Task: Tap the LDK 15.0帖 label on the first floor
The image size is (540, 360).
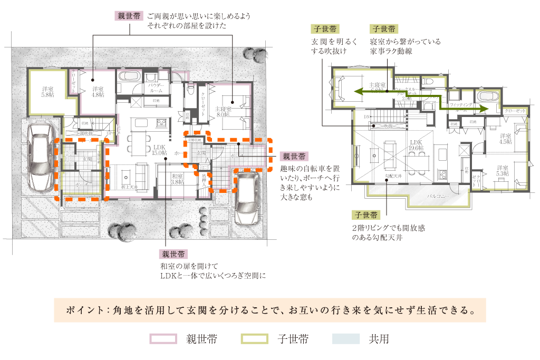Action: pyautogui.click(x=159, y=150)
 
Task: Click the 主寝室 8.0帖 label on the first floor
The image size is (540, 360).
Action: pyautogui.click(x=223, y=111)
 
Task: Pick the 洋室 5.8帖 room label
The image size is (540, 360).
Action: pyautogui.click(x=48, y=93)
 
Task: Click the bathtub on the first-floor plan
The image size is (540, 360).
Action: pyautogui.click(x=128, y=76)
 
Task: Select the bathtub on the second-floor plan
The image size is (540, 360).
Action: pyautogui.click(x=486, y=98)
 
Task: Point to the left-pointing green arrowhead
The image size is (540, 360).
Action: pyautogui.click(x=358, y=92)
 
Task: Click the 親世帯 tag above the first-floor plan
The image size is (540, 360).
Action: pyautogui.click(x=129, y=16)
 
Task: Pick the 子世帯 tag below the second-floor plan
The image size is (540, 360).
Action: pyautogui.click(x=366, y=215)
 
